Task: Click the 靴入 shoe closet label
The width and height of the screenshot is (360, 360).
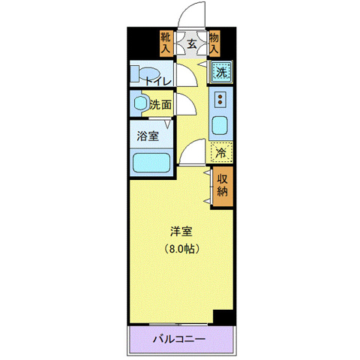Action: click(166, 41)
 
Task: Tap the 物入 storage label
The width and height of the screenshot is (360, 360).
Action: click(215, 41)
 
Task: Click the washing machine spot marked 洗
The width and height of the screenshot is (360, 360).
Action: click(220, 73)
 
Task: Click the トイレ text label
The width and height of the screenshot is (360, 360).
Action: click(159, 80)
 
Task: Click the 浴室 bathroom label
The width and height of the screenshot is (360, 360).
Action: click(147, 136)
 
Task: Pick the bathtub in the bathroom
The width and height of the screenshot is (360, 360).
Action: click(150, 163)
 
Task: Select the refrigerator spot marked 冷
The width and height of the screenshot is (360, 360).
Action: click(221, 152)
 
